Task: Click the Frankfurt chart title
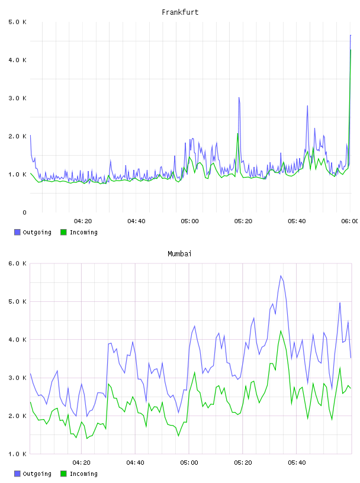[x=180, y=12]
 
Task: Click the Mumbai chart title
[x=179, y=254]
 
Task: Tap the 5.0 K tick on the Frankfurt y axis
[x=17, y=22]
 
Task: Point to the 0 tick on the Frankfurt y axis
[x=24, y=212]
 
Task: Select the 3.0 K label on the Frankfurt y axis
[x=17, y=98]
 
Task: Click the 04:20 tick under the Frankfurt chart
[x=83, y=221]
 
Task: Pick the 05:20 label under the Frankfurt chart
[x=243, y=221]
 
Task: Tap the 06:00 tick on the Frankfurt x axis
[x=350, y=221]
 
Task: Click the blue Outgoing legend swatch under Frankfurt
[x=17, y=232]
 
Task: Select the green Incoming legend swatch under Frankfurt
[x=63, y=232]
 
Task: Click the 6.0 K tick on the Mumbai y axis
[x=17, y=263]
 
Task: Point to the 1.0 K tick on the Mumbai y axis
[x=17, y=454]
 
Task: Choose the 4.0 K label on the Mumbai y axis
[x=17, y=340]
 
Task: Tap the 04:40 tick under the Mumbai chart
[x=136, y=463]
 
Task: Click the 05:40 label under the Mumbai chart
[x=297, y=463]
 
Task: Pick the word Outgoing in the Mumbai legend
[x=37, y=474]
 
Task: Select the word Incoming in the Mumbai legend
[x=83, y=474]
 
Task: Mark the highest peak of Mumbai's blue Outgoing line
[x=281, y=276]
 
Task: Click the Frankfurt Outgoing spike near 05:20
[x=239, y=98]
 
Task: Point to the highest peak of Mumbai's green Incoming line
[x=281, y=331]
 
